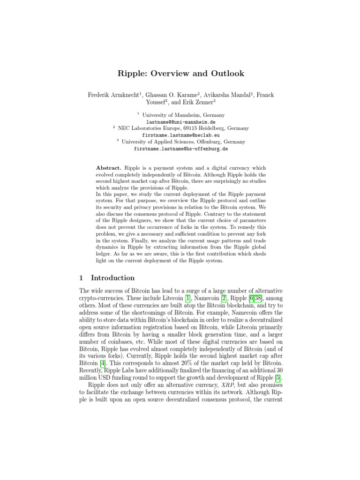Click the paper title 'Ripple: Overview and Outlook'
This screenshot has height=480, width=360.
(180, 74)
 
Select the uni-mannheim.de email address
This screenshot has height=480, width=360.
(180, 121)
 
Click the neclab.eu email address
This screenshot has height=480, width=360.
(180, 135)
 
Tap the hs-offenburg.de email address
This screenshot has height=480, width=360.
(180, 149)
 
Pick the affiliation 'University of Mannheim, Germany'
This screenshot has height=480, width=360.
(183, 115)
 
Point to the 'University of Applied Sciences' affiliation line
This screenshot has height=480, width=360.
(183, 142)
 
